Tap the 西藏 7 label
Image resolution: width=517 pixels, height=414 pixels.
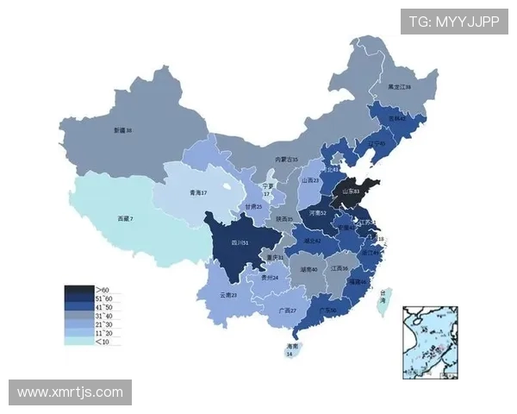click(126, 219)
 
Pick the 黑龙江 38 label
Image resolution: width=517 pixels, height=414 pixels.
click(399, 87)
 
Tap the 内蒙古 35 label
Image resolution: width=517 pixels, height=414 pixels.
click(286, 160)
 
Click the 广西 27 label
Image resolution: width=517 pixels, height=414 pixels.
click(287, 310)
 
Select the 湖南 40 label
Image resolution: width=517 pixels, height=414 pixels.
click(308, 269)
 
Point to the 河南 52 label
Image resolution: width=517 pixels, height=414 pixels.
click(317, 212)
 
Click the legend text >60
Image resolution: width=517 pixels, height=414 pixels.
click(103, 288)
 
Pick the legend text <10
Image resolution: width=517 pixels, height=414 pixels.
click(103, 342)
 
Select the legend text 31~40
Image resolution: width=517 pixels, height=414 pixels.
click(104, 315)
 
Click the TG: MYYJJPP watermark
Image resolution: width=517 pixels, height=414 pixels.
click(453, 22)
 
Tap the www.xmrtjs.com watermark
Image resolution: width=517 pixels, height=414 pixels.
click(70, 392)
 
